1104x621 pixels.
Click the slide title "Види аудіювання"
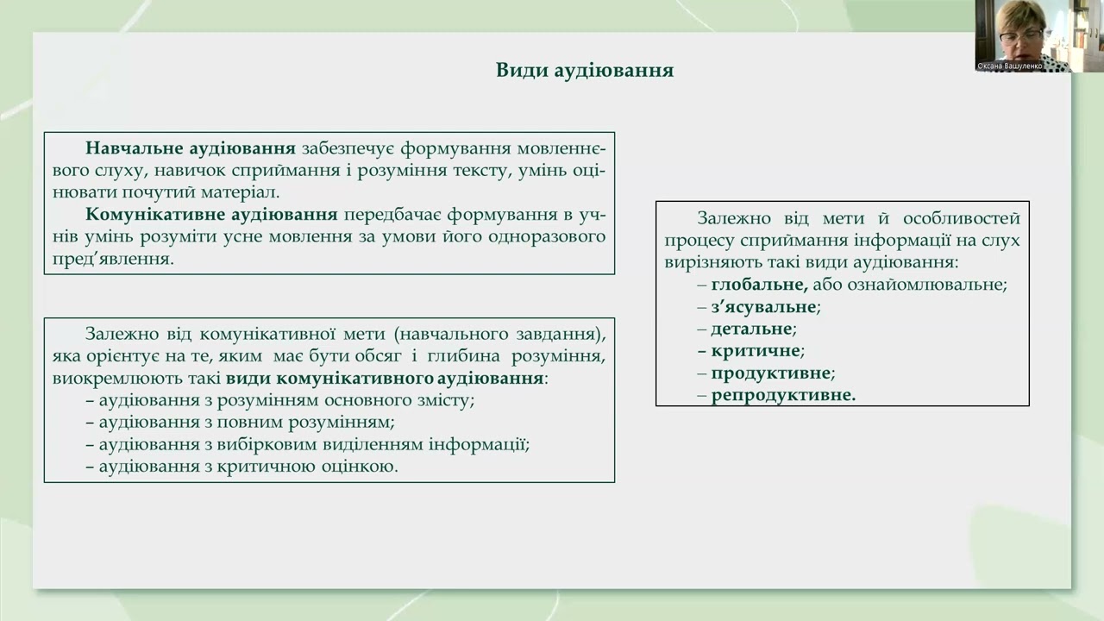pyautogui.click(x=584, y=71)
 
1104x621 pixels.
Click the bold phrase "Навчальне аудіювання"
pyautogui.click(x=191, y=147)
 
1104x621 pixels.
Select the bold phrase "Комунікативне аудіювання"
pyautogui.click(x=211, y=214)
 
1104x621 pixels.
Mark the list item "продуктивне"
pyautogui.click(x=771, y=373)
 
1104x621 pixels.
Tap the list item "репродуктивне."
pyautogui.click(x=783, y=396)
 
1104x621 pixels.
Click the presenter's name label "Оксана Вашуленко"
pyautogui.click(x=1009, y=66)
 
